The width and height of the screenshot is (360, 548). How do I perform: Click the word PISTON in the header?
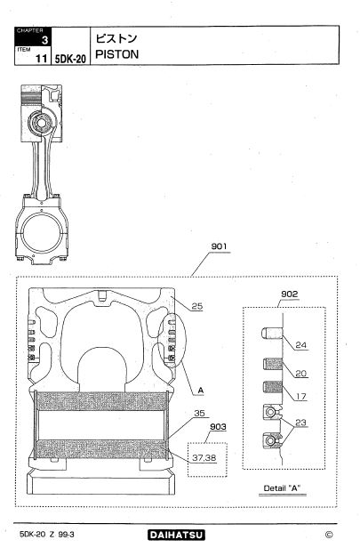117,54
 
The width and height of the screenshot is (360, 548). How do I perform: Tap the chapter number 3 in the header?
44,40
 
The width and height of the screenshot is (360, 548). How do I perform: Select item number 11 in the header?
41,59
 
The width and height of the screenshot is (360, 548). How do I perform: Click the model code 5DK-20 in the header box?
70,59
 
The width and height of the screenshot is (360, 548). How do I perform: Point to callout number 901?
219,246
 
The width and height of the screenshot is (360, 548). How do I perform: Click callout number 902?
290,294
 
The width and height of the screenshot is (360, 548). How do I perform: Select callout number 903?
218,427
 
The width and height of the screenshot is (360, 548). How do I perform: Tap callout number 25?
197,306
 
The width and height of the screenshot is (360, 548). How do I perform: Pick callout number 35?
199,413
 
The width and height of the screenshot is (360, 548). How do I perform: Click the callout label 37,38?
204,457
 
